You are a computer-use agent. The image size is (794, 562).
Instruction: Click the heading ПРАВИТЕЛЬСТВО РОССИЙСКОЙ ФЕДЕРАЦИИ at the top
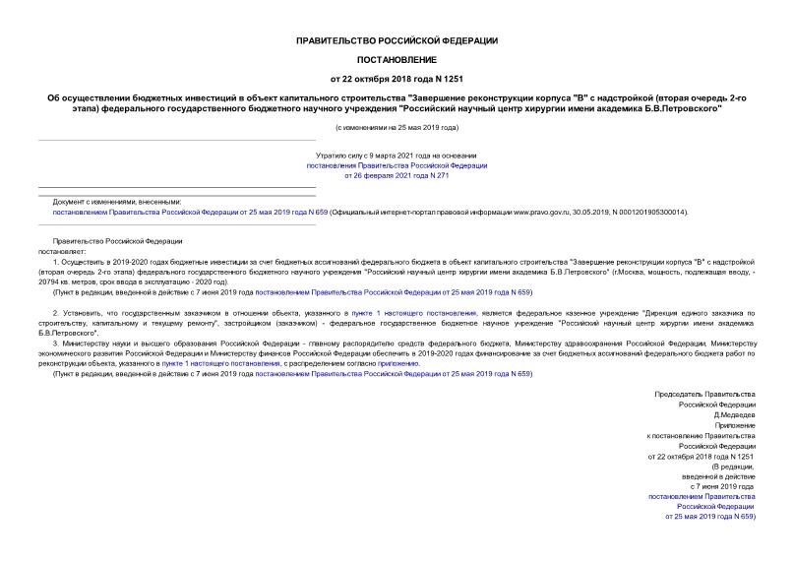click(397, 40)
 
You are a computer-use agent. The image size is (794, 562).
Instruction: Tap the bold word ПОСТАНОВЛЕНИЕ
click(397, 59)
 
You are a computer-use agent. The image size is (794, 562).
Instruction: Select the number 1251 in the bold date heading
click(451, 78)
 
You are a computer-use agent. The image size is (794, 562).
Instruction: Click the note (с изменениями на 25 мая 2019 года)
click(397, 128)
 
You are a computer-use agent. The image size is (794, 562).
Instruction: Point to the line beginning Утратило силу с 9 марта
click(397, 155)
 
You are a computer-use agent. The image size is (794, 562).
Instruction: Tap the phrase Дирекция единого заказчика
click(702, 312)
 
